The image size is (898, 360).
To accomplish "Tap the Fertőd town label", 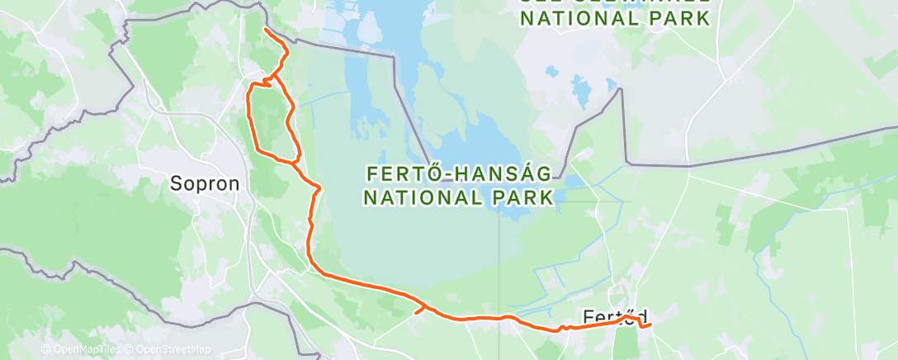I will pos(614,317).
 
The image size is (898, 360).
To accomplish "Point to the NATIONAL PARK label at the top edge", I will pos(616,18).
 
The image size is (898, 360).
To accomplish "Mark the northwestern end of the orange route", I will pos(265,29).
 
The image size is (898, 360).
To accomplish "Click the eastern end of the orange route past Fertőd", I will pos(650,324).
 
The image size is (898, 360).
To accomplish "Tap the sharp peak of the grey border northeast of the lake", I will pos(620,89).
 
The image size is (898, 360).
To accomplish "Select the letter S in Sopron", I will pos(176,183).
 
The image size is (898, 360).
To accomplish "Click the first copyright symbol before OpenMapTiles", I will pos(45,350).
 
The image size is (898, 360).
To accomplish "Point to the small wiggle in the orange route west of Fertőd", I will pos(566,328).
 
